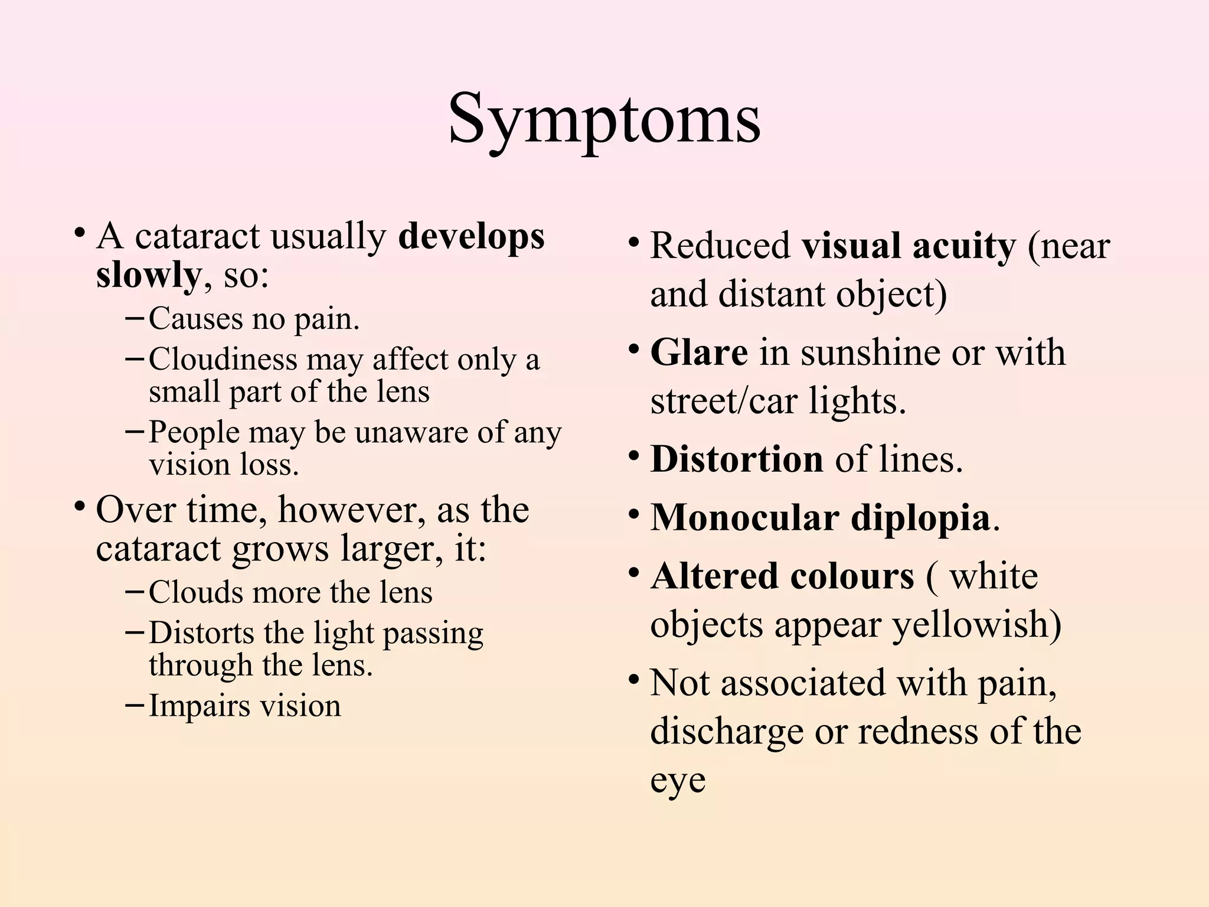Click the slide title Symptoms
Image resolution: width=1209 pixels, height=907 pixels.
pos(604,119)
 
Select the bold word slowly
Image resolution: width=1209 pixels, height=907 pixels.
pos(148,275)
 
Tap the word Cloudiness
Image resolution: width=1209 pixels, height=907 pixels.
pos(223,359)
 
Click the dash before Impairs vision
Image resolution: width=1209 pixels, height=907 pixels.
pos(135,705)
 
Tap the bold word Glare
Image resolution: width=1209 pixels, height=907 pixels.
pos(699,353)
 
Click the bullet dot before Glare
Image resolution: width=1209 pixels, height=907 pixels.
pos(633,350)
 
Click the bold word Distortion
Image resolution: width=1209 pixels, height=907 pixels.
pos(736,459)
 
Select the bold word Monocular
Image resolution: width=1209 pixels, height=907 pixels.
pos(744,518)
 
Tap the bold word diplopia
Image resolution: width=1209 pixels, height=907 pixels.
pos(920,518)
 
